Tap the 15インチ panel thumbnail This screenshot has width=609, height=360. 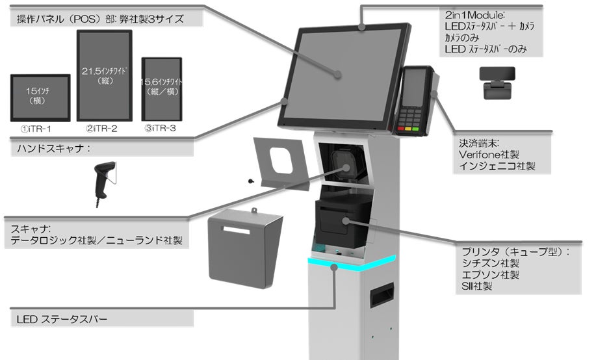click(40, 97)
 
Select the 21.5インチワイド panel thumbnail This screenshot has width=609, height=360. click(104, 75)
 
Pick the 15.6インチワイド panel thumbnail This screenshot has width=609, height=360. click(161, 88)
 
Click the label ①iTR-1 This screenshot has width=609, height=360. click(40, 129)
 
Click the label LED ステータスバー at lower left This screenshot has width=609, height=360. click(62, 319)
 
